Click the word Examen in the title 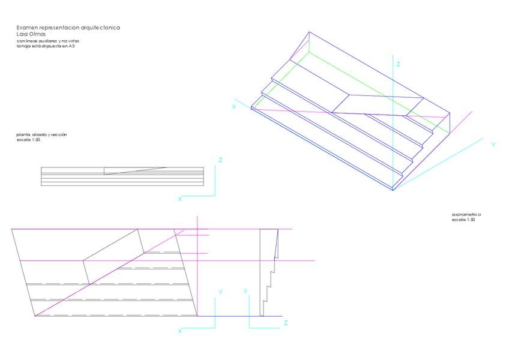[x=28, y=28]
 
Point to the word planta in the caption [x=23, y=134]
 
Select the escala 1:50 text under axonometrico [x=463, y=220]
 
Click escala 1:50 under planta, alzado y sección [x=28, y=139]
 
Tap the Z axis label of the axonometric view [x=398, y=64]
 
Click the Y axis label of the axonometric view [x=493, y=145]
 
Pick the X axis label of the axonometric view [x=233, y=106]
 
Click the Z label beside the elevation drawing [x=221, y=160]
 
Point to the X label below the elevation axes [x=179, y=198]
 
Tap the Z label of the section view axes [x=286, y=323]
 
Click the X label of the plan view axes [x=179, y=331]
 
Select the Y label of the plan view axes [x=220, y=292]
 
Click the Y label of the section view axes [x=246, y=291]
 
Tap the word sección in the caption [x=59, y=134]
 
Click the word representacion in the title [x=60, y=28]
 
